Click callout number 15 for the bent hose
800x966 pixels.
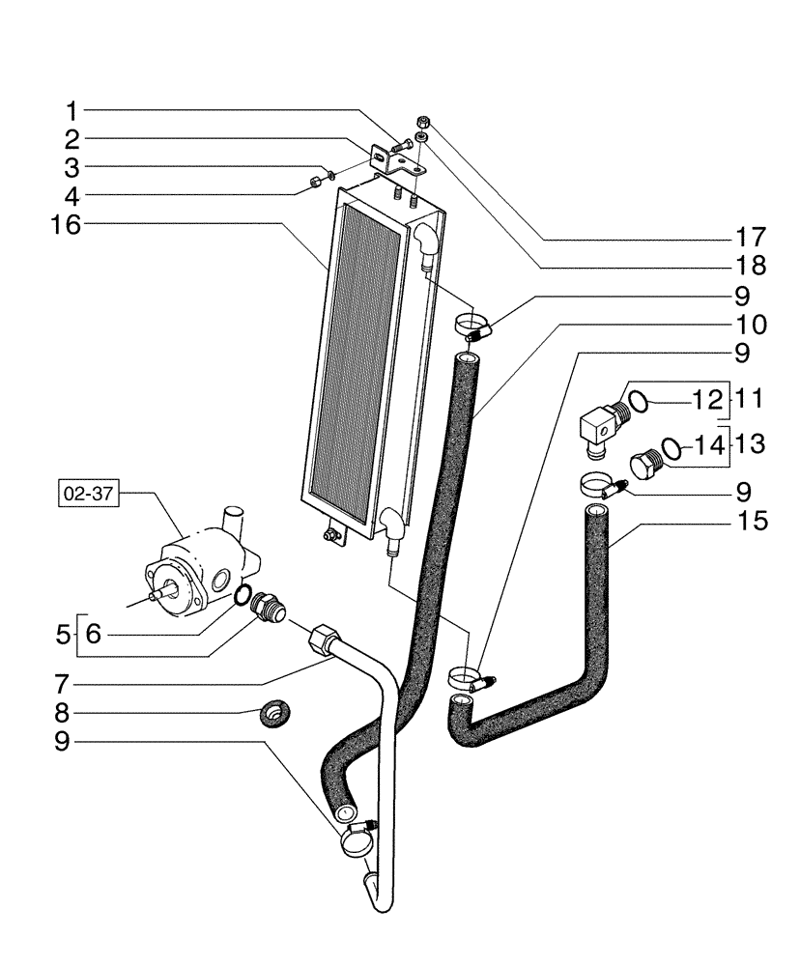click(x=751, y=523)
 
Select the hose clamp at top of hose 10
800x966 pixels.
click(x=471, y=324)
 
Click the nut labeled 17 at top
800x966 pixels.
click(x=422, y=121)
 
